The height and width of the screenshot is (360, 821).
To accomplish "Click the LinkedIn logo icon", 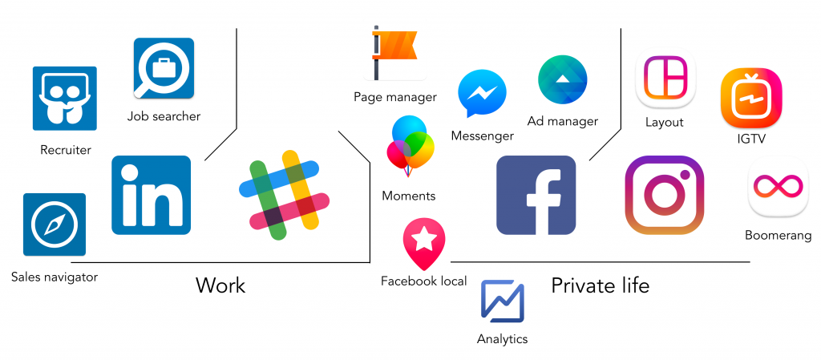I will coord(151,195).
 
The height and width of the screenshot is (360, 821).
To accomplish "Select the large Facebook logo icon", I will coord(536,195).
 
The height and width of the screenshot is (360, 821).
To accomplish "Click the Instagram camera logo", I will coord(664,195).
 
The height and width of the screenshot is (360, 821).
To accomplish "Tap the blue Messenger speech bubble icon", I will coord(482,94).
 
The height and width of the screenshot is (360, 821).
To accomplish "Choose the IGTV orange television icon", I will coord(750,98).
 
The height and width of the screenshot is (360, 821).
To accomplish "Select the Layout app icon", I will coord(665,81).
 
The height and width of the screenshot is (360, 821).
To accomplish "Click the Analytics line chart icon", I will coord(502,301).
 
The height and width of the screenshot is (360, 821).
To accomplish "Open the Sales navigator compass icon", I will coord(54,224).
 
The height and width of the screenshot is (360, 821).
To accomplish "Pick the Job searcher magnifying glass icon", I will coord(164,68).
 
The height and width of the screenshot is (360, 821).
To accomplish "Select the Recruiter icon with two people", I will coord(64,98).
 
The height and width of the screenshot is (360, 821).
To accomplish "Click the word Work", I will coord(220,285).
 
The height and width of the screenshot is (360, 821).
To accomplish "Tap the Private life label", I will coord(600,285).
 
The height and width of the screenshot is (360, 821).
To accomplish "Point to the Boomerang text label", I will coord(778,236).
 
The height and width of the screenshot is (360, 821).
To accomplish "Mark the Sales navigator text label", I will coord(55,277).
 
